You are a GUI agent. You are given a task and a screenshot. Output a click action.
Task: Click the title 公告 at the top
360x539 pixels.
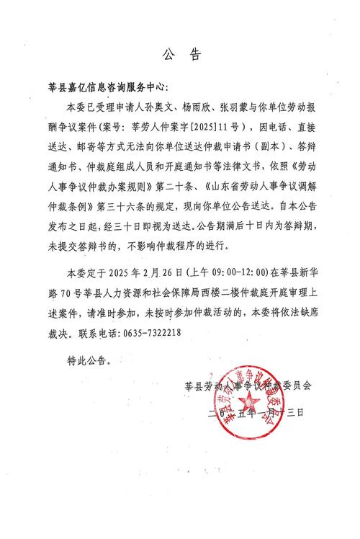pos(180,53)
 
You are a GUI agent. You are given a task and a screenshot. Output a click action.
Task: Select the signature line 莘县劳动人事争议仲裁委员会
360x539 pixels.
pos(248,385)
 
